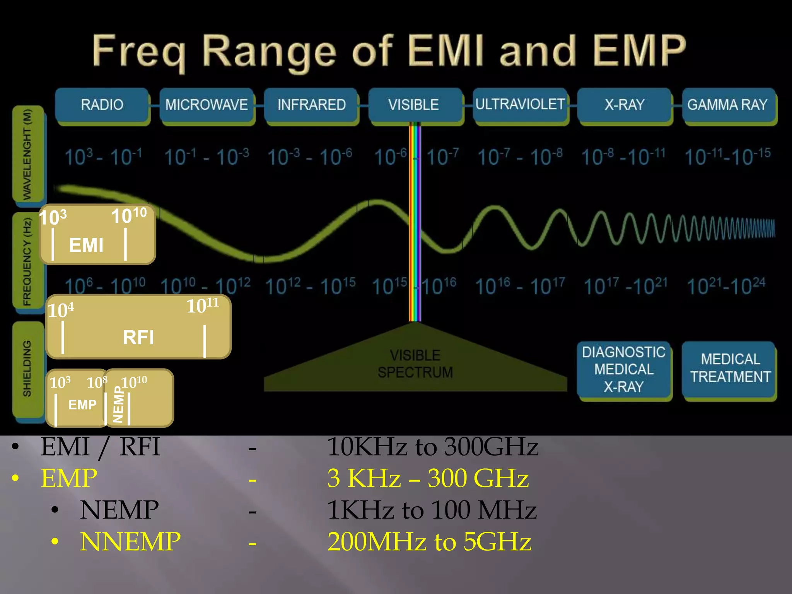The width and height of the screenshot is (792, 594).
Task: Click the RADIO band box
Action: (x=102, y=105)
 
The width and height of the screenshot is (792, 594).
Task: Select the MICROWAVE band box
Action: (x=207, y=105)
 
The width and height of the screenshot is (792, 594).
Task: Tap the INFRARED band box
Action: (x=311, y=105)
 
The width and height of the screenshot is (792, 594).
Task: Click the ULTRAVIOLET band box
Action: (x=520, y=104)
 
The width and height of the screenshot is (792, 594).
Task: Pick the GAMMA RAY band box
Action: (x=728, y=105)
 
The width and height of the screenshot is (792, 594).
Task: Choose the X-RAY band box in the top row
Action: (x=624, y=105)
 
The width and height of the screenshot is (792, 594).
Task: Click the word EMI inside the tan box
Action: (x=86, y=245)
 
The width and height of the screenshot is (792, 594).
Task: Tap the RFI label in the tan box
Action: (x=138, y=337)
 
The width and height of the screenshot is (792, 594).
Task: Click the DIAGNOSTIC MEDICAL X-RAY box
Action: (x=624, y=369)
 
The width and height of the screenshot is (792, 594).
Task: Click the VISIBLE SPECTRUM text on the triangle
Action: (x=415, y=364)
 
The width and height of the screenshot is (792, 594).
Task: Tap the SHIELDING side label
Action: (x=27, y=369)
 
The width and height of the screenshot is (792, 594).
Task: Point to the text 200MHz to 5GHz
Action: (x=429, y=541)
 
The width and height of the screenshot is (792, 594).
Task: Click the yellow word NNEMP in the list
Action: (x=130, y=541)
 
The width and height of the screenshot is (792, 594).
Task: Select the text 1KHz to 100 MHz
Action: (x=431, y=510)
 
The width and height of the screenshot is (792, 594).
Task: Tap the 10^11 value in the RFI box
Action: (x=203, y=306)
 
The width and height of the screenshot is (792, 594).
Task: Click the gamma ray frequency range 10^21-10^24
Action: (x=726, y=286)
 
